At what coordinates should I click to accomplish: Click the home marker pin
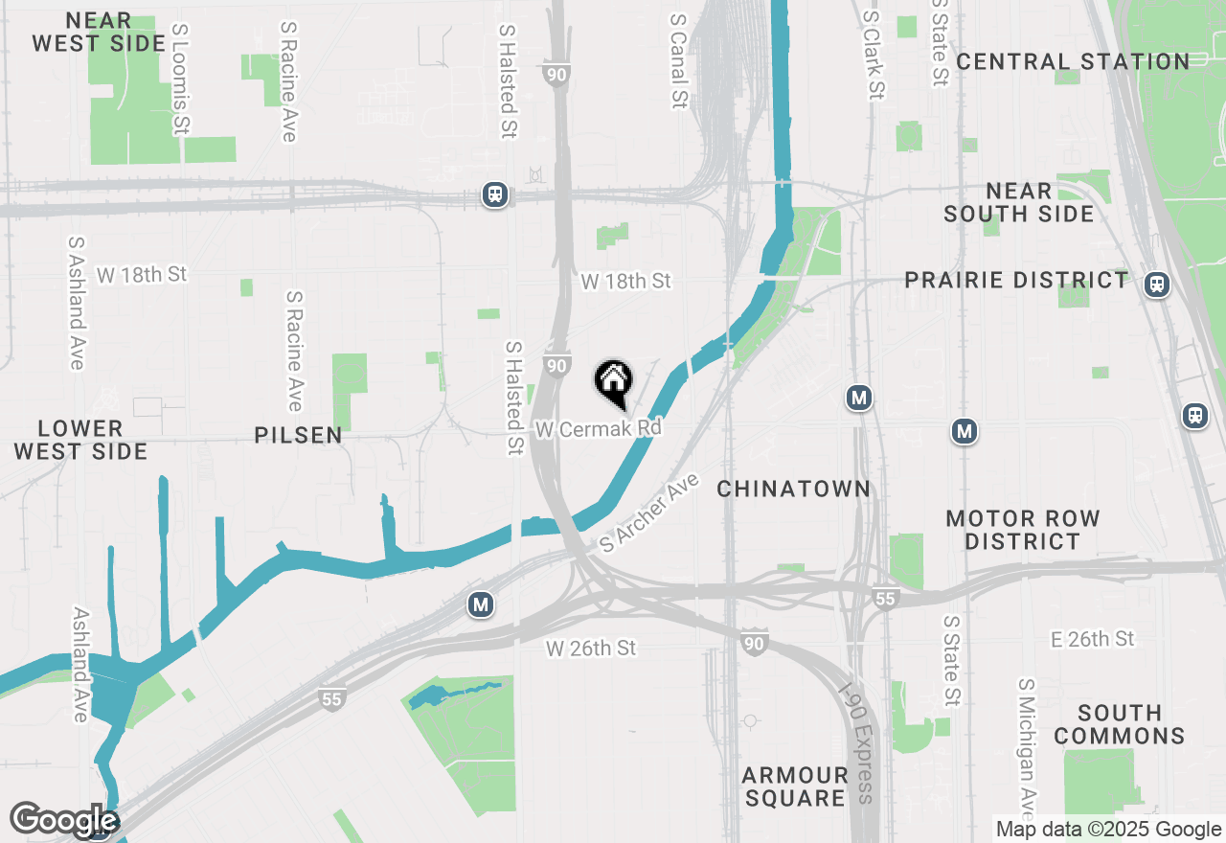[x=613, y=382]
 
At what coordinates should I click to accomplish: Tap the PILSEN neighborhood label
[x=298, y=436]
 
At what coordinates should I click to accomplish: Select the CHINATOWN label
[x=794, y=490]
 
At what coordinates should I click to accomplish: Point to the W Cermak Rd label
[x=599, y=429]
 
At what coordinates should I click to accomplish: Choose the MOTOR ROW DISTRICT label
[x=1023, y=530]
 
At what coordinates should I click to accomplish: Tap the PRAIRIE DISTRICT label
[x=1017, y=281]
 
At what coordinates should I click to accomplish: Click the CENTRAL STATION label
[x=1073, y=62]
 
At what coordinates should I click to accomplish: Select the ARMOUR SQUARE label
[x=795, y=786]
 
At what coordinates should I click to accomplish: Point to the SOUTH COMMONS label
[x=1119, y=724]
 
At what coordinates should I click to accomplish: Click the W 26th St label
[x=591, y=649]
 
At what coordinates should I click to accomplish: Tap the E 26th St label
[x=1093, y=639]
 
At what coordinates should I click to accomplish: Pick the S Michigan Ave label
[x=1027, y=742]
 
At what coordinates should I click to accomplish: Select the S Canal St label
[x=679, y=59]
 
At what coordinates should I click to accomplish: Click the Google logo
[x=64, y=820]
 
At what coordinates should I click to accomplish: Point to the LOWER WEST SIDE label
[x=80, y=440]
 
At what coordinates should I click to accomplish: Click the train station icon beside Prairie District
[x=1157, y=285]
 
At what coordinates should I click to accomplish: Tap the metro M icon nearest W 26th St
[x=481, y=604]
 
